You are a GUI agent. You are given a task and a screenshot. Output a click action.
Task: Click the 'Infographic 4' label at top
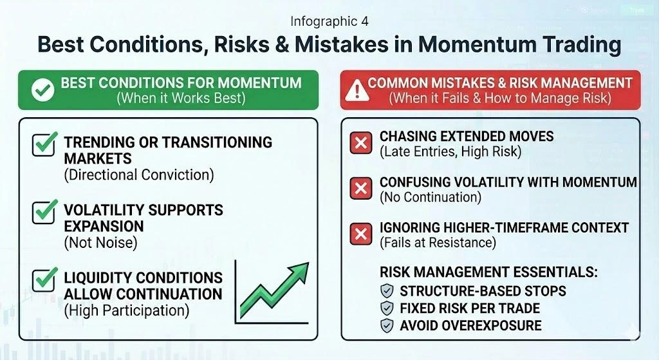(x=329, y=21)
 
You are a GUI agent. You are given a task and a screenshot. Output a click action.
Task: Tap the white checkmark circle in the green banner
(x=42, y=91)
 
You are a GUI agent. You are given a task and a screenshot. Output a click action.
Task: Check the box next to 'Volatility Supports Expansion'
(x=44, y=211)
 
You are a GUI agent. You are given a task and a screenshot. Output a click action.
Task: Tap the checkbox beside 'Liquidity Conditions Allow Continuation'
(x=44, y=279)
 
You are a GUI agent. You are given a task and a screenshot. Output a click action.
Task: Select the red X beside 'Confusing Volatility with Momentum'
(x=361, y=189)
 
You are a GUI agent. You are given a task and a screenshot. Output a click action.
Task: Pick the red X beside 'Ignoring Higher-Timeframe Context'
(x=361, y=234)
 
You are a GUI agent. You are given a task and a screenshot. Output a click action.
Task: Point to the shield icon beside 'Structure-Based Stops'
(x=387, y=291)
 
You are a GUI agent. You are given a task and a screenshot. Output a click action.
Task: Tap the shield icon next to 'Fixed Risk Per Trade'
(x=387, y=308)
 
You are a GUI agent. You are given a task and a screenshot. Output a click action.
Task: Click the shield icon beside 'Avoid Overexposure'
(x=387, y=326)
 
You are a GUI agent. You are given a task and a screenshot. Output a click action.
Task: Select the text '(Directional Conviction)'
(x=138, y=175)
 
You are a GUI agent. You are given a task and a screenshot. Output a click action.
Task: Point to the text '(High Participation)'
(x=126, y=310)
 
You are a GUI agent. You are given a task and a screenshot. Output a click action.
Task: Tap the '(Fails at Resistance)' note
(x=438, y=243)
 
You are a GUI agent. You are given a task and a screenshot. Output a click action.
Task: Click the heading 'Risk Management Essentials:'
(x=488, y=272)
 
